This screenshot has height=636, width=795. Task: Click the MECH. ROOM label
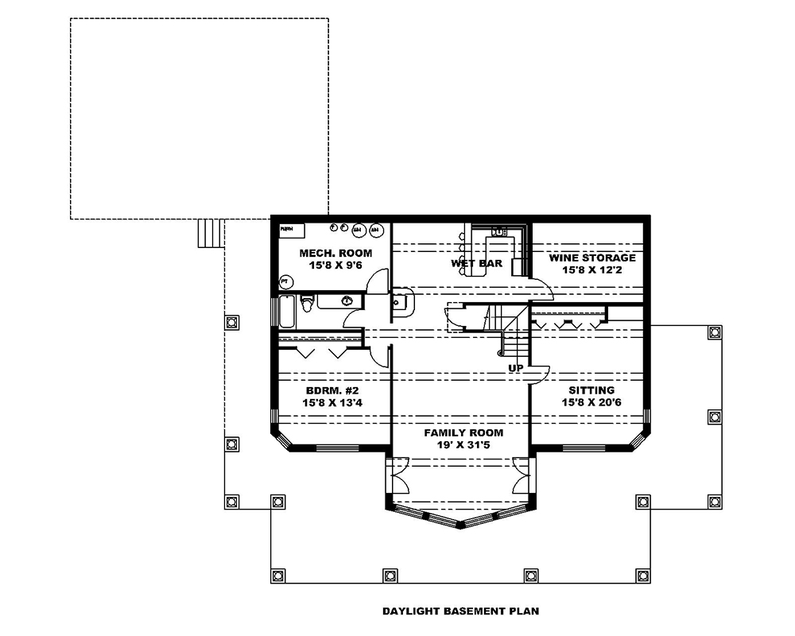335,253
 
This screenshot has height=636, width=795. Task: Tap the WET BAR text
476,263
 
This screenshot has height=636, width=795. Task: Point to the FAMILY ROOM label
463,432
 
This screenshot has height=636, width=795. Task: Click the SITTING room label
591,390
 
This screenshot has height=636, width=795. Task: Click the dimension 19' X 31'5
463,445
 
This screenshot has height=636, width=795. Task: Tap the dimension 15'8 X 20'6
591,403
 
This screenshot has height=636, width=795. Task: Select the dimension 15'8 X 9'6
335,266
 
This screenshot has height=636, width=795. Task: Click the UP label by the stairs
516,368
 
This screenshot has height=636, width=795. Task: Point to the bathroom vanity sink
347,301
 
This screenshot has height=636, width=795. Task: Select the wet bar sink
499,231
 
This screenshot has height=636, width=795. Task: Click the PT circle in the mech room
285,281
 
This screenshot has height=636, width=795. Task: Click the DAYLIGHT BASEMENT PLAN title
461,611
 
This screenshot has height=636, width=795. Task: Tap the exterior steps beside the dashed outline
208,234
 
